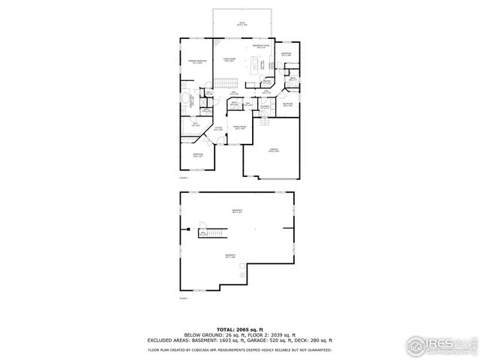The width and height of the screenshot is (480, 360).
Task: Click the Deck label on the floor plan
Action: pos(242,24)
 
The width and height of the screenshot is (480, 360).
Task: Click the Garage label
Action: pos(274,150)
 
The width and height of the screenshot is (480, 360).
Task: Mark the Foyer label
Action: pos(218,129)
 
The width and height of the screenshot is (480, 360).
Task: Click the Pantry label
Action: pos(268,83)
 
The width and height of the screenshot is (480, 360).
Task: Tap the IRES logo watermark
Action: pos(439,345)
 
